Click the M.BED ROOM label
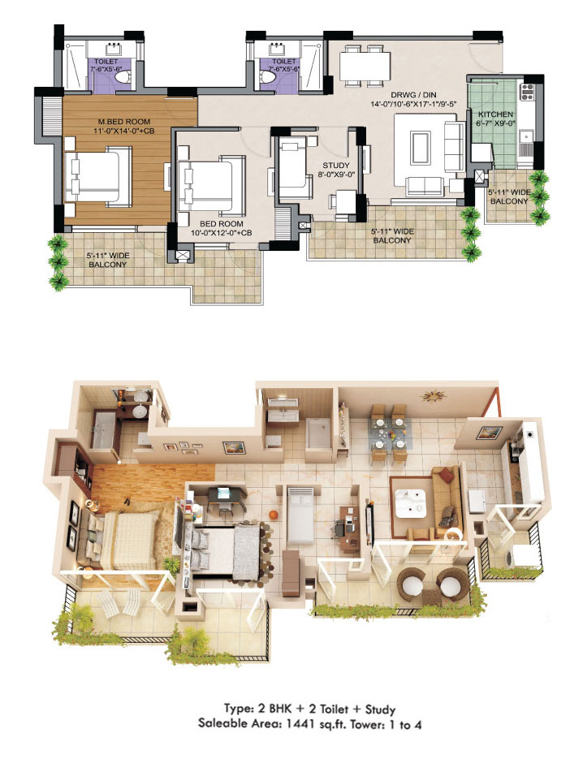pos(124,122)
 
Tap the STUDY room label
pos(336,166)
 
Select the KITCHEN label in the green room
pos(495,114)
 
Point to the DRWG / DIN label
pos(413,95)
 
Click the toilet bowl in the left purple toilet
pos(124,77)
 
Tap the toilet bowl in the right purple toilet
pos(266,77)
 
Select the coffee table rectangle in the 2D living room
pos(421,148)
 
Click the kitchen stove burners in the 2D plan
pos(528,92)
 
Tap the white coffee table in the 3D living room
pos(413,503)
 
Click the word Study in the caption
pos(380,709)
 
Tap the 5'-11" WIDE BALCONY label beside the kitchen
pos(509,197)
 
